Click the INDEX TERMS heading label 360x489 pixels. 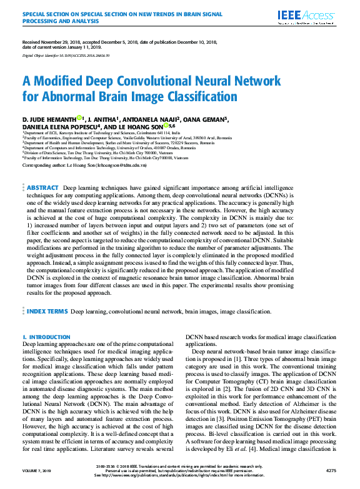(x=47, y=310)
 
